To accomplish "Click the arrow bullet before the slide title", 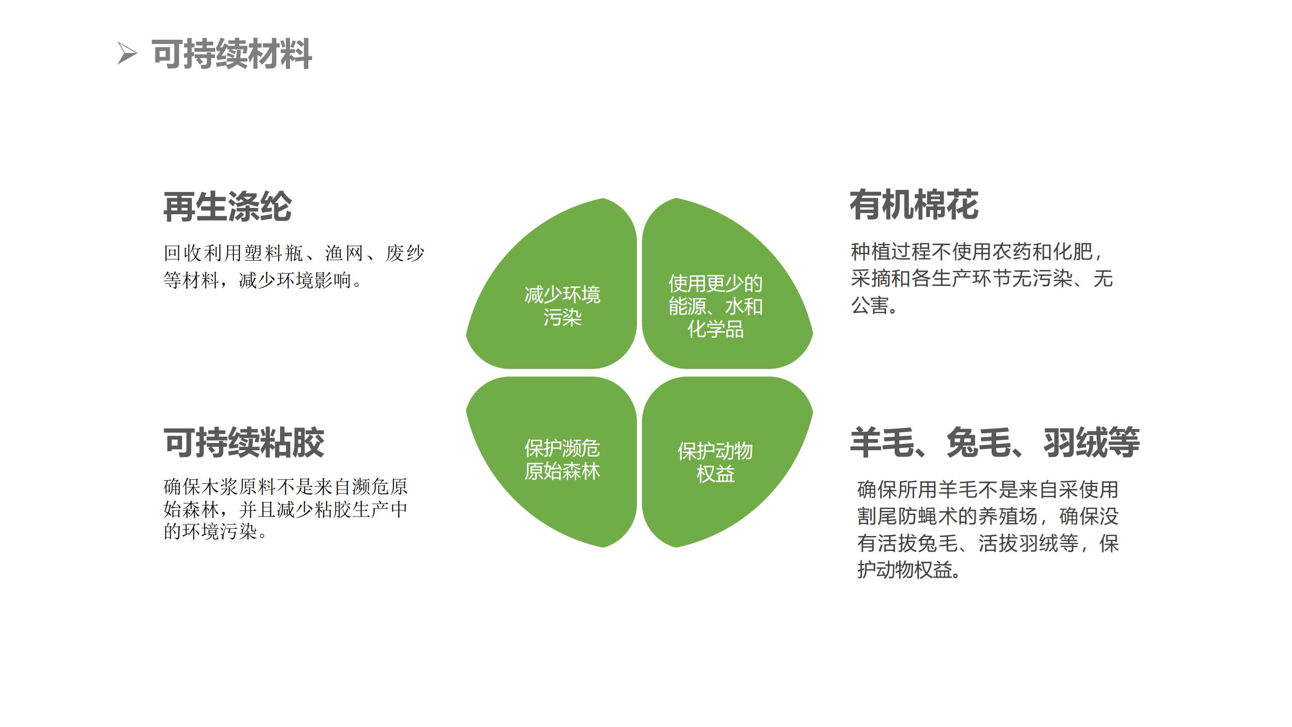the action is [126, 54].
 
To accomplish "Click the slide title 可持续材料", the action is [232, 54].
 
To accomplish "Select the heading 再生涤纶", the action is [227, 206].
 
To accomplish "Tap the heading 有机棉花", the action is [914, 205].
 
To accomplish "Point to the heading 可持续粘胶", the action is [244, 443].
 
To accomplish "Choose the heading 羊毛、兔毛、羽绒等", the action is [995, 443].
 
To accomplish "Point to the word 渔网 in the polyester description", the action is [344, 253].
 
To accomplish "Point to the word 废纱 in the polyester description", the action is [405, 253].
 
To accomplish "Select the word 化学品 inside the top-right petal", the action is [715, 330].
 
